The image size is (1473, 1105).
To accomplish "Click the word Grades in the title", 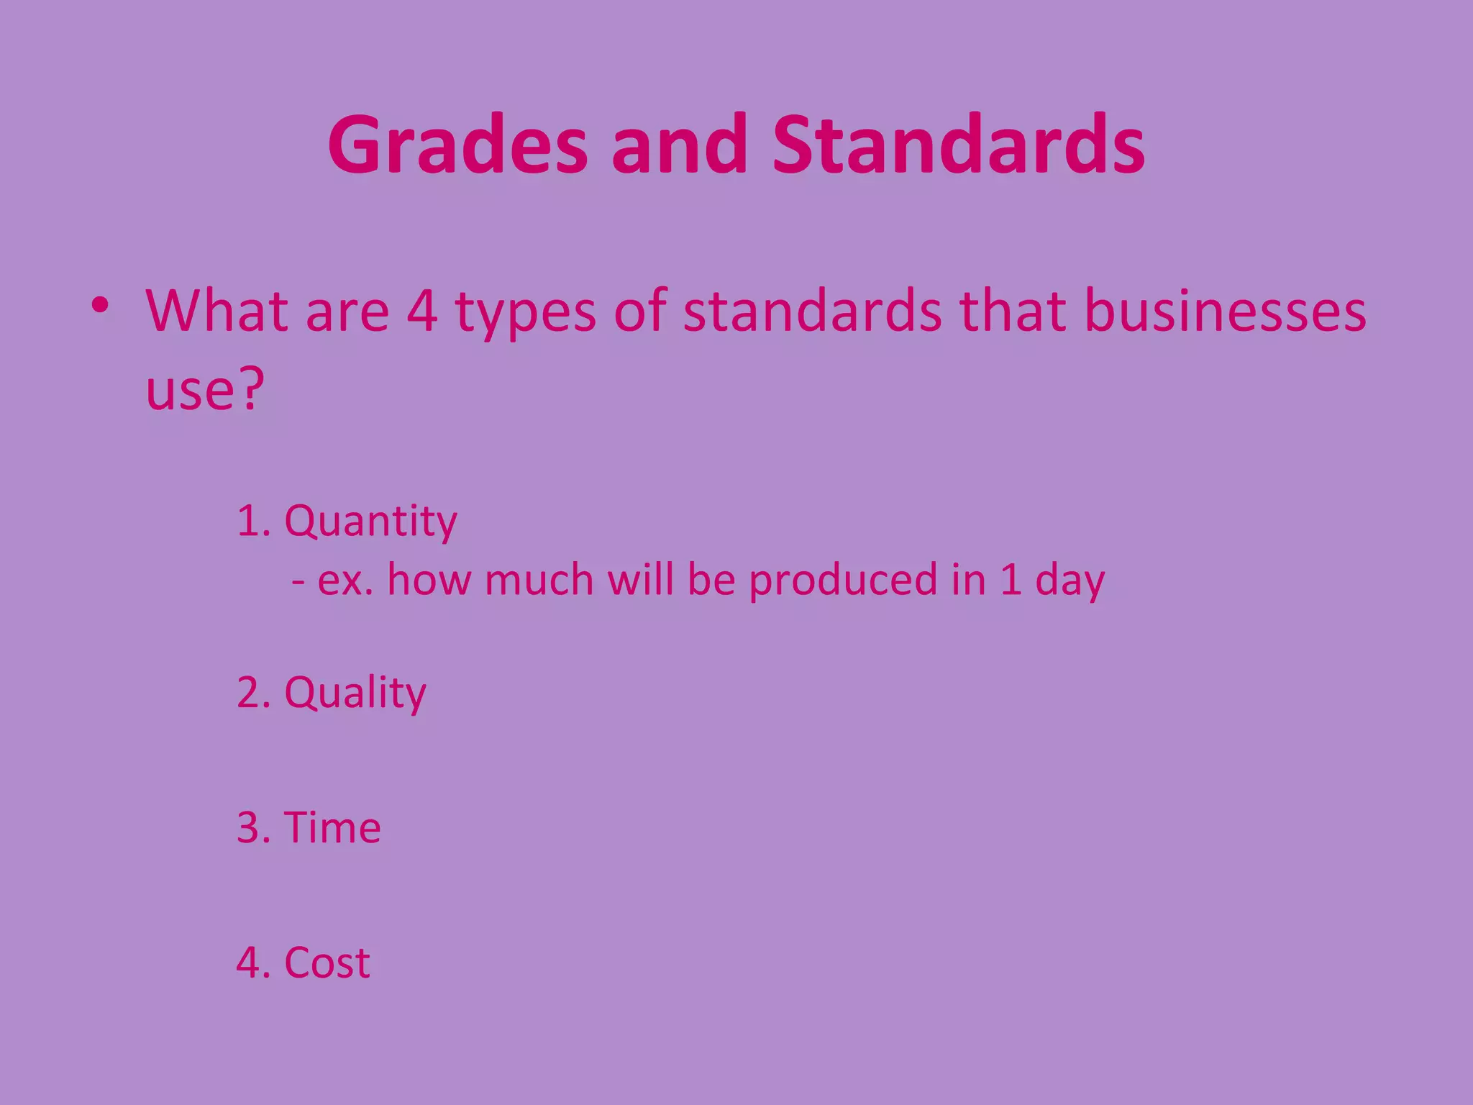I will coord(457,146).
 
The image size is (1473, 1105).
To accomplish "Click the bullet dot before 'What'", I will coord(100,306).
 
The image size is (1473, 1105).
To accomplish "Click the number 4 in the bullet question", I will coord(422,311).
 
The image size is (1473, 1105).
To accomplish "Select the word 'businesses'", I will coord(1225,311).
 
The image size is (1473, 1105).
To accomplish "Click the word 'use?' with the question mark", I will coord(205,389).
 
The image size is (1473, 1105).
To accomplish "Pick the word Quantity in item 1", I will coord(370,522).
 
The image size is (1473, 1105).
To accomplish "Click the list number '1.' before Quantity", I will coord(253,521).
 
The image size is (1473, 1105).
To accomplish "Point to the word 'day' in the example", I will coord(1069,581).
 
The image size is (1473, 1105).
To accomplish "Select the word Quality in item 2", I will coord(355,694).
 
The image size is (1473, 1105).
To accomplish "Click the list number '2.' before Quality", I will coord(253,693).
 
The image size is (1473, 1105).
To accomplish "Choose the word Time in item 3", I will coord(332,827).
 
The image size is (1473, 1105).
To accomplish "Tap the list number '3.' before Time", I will coord(253,827).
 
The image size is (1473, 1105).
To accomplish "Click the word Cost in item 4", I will coord(327,963).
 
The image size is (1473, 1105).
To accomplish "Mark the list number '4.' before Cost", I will coord(253,963).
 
